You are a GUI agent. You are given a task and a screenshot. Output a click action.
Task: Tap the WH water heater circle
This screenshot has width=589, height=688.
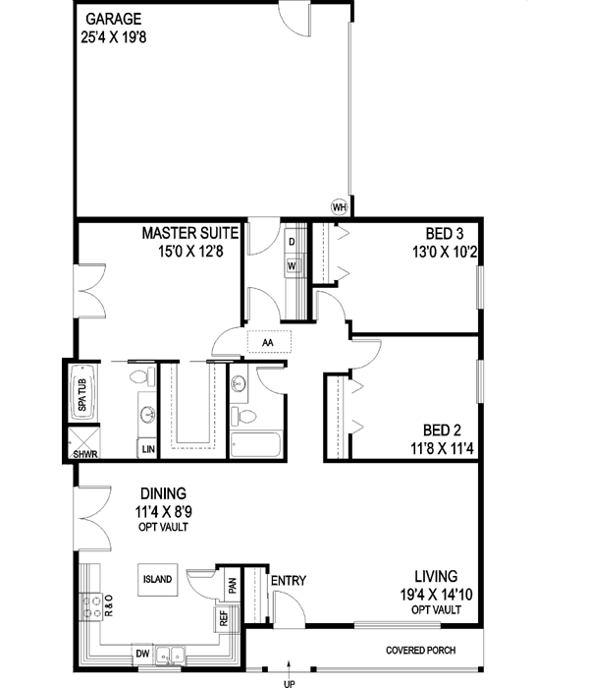pyautogui.click(x=340, y=207)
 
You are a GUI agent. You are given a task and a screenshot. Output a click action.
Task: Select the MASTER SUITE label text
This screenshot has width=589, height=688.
pyautogui.click(x=190, y=234)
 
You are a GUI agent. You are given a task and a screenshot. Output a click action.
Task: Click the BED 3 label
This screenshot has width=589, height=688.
pyautogui.click(x=444, y=234)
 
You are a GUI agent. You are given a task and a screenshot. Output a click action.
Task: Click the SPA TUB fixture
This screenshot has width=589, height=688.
pyautogui.click(x=80, y=389)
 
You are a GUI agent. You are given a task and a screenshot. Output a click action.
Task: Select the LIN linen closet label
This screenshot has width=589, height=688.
pyautogui.click(x=147, y=448)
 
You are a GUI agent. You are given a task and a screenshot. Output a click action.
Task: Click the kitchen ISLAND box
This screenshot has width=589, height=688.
pyautogui.click(x=157, y=580)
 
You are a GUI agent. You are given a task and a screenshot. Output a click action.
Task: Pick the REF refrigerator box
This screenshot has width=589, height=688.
pyautogui.click(x=224, y=620)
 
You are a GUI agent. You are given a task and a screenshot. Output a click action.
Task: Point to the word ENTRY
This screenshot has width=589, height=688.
pyautogui.click(x=288, y=581)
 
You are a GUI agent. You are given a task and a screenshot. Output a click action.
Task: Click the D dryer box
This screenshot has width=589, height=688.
pyautogui.click(x=292, y=242)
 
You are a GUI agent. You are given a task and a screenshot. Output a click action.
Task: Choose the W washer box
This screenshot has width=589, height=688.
pyautogui.click(x=292, y=265)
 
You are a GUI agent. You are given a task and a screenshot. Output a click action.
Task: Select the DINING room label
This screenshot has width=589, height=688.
pyautogui.click(x=162, y=494)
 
